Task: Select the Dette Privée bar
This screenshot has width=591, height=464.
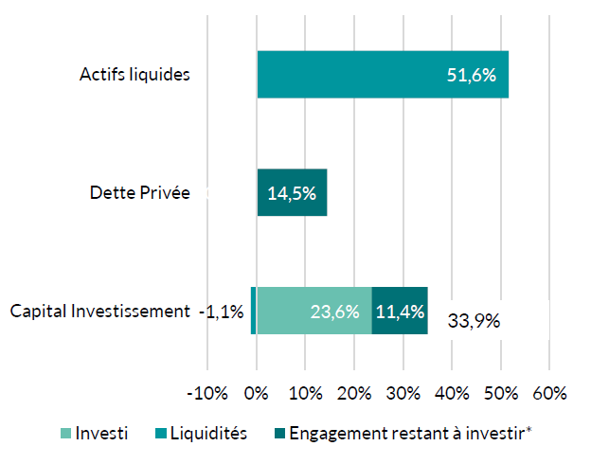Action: coord(292,192)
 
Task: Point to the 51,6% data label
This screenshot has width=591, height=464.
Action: coord(472,75)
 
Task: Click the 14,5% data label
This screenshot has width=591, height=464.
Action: coord(292,193)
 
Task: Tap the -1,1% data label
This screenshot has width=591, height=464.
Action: coord(222,311)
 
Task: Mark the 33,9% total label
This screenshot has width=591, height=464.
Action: coord(474,320)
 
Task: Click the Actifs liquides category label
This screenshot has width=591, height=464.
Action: coord(134,75)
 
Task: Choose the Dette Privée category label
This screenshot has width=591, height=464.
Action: coord(139,193)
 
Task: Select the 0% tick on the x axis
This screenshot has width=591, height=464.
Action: coord(257,392)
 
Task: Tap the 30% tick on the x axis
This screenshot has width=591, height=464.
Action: coord(403,392)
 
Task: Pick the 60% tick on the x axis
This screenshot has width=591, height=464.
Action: coord(550,392)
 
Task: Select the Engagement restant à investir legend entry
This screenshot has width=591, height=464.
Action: coord(403,433)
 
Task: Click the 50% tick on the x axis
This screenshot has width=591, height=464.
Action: coord(501,392)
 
